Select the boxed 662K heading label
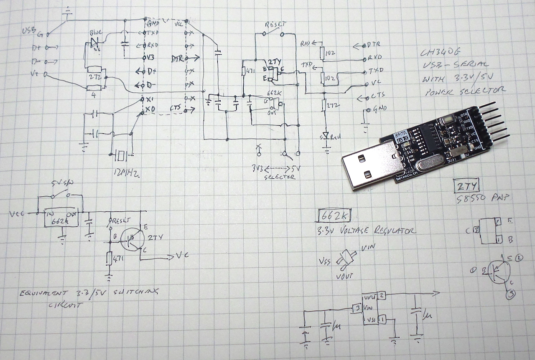coord(334,215)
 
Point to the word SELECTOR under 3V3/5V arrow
coord(280,177)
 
